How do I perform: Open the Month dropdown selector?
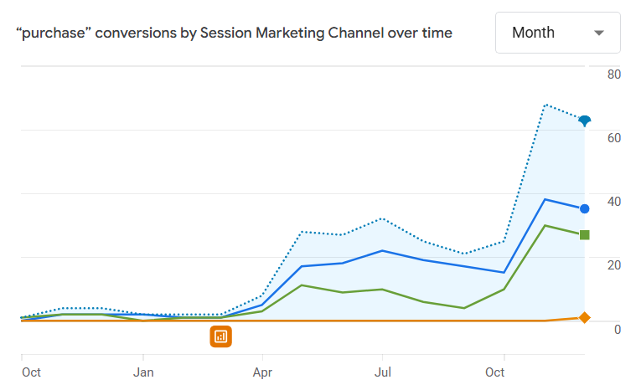(557, 33)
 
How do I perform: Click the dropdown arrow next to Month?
(598, 33)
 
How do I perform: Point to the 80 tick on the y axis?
(613, 74)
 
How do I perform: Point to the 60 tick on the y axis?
(613, 138)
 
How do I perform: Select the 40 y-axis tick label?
(613, 202)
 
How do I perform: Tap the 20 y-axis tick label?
(613, 265)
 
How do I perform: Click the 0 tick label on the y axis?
(617, 329)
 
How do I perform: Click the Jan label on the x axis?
(143, 372)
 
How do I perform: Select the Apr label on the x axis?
(263, 372)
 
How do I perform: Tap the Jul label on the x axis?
(383, 372)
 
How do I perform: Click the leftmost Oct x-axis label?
(31, 372)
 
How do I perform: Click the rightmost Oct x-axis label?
(495, 372)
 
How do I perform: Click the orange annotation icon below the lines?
(220, 336)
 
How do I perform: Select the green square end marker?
(585, 234)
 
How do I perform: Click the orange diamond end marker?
(585, 318)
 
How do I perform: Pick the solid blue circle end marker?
(585, 208)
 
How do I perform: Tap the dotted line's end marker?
(585, 121)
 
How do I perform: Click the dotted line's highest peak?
(545, 105)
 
